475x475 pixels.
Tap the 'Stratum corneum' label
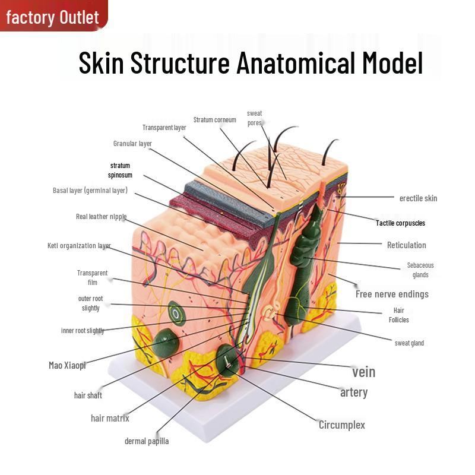click(214, 120)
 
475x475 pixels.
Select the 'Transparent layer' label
click(164, 128)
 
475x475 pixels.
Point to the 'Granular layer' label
click(132, 144)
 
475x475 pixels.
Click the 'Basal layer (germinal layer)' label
click(90, 191)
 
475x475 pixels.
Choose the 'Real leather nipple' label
click(101, 217)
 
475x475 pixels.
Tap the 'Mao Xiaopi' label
click(67, 365)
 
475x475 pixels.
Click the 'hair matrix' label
click(110, 418)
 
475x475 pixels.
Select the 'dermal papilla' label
click(146, 441)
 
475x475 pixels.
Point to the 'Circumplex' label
click(341, 425)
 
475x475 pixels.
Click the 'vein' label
click(363, 372)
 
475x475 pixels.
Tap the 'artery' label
click(353, 392)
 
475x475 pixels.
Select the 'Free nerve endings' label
click(392, 294)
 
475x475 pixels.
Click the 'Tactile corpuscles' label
click(400, 223)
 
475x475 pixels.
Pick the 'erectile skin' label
click(418, 198)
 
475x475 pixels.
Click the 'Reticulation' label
click(406, 245)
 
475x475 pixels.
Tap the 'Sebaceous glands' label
click(420, 270)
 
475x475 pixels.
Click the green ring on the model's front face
click(176, 311)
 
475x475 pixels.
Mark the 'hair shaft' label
click(88, 395)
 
